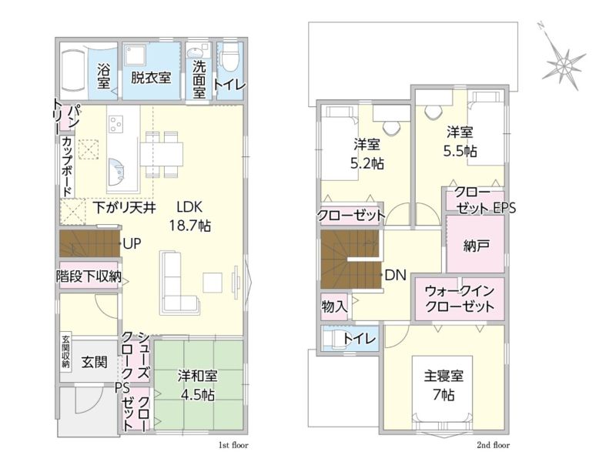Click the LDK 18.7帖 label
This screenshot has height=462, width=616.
(189, 216)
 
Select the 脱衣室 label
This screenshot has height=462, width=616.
(151, 77)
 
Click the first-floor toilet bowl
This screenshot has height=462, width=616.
(229, 59)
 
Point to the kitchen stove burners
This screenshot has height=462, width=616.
(116, 124)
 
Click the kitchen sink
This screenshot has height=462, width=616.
(116, 172)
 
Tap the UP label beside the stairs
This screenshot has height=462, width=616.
(132, 243)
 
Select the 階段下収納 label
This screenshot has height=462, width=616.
(89, 276)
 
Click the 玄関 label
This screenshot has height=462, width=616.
(94, 362)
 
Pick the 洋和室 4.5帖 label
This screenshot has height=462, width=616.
(198, 385)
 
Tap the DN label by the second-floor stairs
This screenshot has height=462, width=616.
(395, 276)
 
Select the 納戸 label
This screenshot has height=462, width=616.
(476, 246)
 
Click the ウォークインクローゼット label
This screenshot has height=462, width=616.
(460, 299)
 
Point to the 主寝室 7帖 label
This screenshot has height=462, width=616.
(444, 384)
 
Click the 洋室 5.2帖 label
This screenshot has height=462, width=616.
(367, 153)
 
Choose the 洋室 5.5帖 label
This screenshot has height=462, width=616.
(460, 141)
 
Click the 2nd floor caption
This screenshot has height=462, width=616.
(494, 445)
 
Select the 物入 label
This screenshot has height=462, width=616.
(334, 306)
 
